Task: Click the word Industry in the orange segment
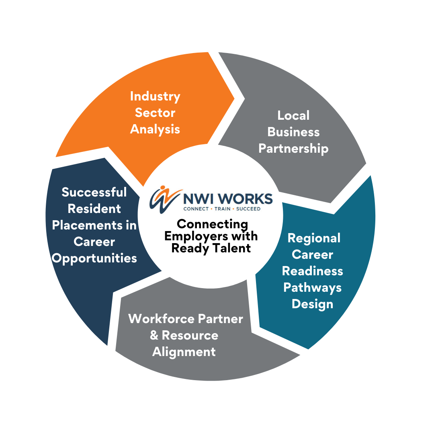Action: [x=155, y=96]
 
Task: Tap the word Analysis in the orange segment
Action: [x=155, y=129]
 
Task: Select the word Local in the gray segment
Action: [x=293, y=115]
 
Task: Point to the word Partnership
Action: [x=293, y=148]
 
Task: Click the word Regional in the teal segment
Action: [x=314, y=238]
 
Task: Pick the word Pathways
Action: [x=312, y=287]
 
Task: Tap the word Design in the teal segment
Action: [x=312, y=304]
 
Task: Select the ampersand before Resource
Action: [x=154, y=336]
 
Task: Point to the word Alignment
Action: [x=184, y=352]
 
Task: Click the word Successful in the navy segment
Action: [x=94, y=192]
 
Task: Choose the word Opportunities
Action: [x=94, y=258]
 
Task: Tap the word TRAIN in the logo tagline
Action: [x=222, y=209]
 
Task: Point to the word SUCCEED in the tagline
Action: [x=248, y=209]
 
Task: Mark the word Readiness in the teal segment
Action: [x=312, y=271]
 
